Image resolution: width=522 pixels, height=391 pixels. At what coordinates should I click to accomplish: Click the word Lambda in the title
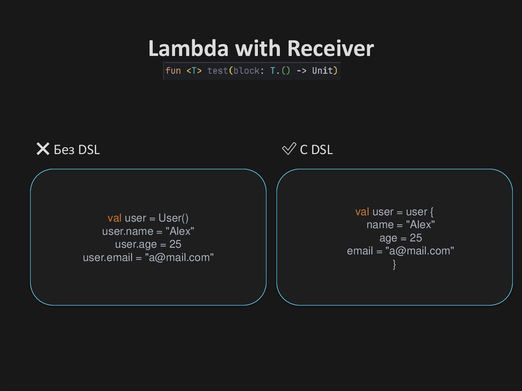tap(189, 49)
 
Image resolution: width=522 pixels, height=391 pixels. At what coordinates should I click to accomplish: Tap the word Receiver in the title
tap(330, 49)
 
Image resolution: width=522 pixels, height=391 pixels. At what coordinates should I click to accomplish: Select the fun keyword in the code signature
tap(173, 71)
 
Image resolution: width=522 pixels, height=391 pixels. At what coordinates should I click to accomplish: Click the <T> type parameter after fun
tap(194, 71)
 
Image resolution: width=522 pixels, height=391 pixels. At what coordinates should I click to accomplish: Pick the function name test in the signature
tap(217, 71)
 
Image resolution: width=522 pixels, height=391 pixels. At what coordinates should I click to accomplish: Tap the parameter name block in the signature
tap(246, 71)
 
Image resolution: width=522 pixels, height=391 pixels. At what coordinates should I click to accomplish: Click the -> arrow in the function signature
tap(301, 71)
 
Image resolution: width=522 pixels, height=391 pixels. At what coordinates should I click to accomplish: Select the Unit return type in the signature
tap(322, 71)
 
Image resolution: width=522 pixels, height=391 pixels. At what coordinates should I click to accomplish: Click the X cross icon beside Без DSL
tap(43, 149)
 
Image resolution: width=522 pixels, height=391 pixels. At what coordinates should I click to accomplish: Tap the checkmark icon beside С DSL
tap(289, 149)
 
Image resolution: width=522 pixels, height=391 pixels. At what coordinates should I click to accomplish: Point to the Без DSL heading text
tap(77, 150)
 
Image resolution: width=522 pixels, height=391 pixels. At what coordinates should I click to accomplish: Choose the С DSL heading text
tap(316, 150)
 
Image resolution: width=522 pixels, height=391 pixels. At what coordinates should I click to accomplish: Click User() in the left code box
tap(173, 218)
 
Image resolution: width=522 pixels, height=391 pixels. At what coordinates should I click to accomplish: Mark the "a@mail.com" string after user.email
tap(179, 258)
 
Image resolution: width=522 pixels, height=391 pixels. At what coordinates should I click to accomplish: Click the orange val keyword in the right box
tap(362, 212)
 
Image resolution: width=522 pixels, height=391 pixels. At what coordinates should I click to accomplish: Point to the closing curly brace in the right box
tap(394, 265)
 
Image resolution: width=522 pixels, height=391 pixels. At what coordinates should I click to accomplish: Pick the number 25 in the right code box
tap(416, 238)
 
